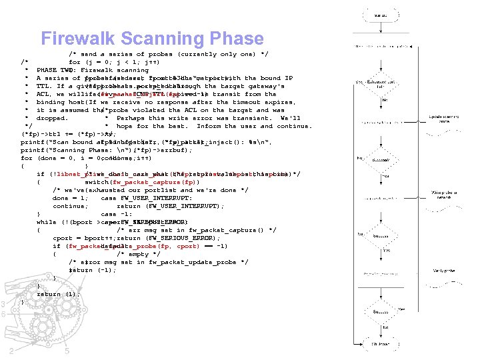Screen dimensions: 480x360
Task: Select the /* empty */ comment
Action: click(138, 254)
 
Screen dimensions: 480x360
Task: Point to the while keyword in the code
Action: click(46, 222)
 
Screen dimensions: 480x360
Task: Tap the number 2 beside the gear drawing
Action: click(11, 351)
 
